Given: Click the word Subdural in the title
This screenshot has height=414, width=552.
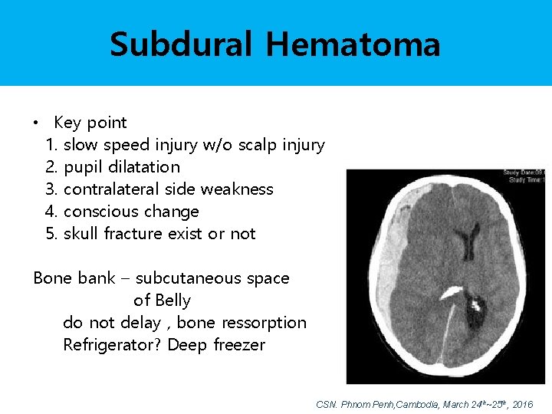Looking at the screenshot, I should click(x=181, y=44).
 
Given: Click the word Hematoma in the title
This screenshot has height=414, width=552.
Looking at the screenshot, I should click(x=353, y=44).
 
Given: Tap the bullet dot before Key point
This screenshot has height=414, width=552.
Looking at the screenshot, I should click(x=36, y=123).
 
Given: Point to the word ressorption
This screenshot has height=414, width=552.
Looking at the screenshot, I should click(x=262, y=323).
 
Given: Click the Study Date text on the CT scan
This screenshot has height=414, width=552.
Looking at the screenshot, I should click(x=523, y=172).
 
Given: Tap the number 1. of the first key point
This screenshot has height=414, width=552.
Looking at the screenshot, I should click(x=52, y=145).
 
